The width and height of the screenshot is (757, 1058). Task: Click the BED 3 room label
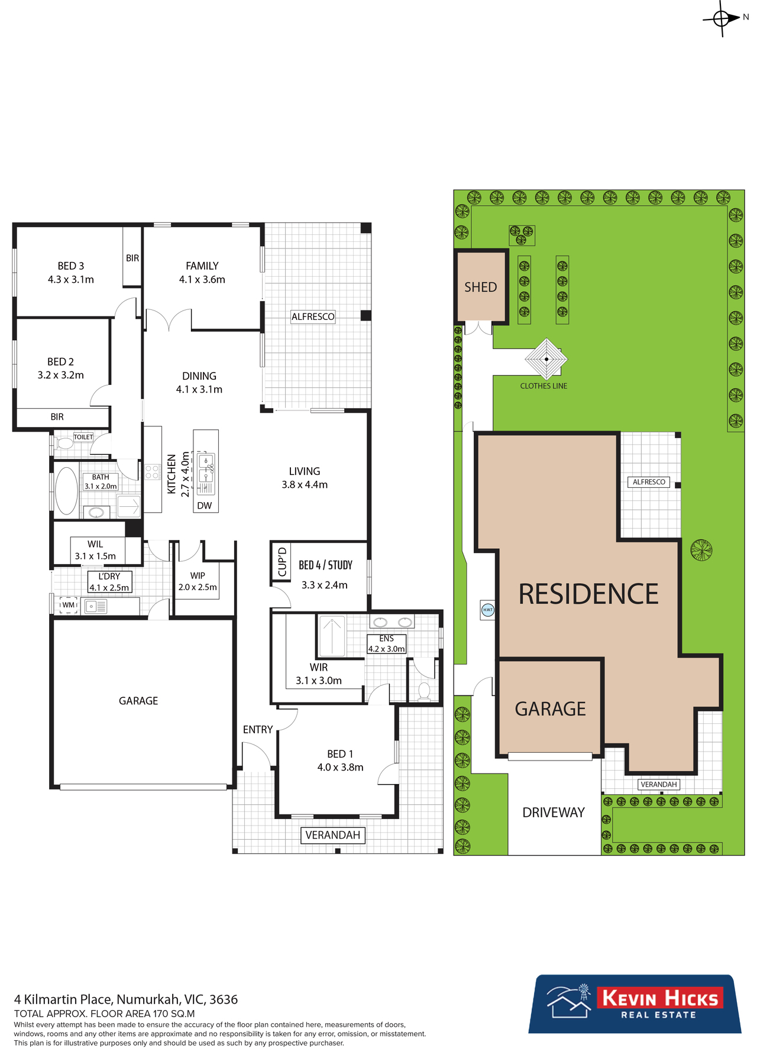pyautogui.click(x=71, y=266)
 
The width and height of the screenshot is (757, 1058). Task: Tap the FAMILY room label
pyautogui.click(x=202, y=266)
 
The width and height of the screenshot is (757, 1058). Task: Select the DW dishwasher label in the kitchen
pyautogui.click(x=205, y=506)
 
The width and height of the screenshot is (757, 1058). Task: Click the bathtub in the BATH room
pyautogui.click(x=66, y=491)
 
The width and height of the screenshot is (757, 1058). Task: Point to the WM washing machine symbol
pyautogui.click(x=69, y=605)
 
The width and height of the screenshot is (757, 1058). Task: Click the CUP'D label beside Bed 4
pyautogui.click(x=282, y=562)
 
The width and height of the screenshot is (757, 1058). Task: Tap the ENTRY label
pyautogui.click(x=258, y=730)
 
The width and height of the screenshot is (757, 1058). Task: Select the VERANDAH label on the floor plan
pyautogui.click(x=333, y=835)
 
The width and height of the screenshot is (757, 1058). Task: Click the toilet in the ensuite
pyautogui.click(x=424, y=691)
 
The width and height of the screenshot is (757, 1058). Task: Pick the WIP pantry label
pyautogui.click(x=198, y=575)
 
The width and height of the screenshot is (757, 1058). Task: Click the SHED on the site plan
pyautogui.click(x=481, y=287)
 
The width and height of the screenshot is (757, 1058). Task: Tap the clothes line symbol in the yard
pyautogui.click(x=546, y=359)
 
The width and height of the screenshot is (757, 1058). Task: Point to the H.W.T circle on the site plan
pyautogui.click(x=488, y=610)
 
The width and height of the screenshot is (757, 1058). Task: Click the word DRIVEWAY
pyautogui.click(x=554, y=813)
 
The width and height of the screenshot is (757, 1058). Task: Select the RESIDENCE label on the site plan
pyautogui.click(x=588, y=594)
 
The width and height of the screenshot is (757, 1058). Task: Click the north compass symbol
pyautogui.click(x=722, y=18)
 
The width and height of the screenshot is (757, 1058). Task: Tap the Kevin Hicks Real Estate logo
pyautogui.click(x=635, y=1004)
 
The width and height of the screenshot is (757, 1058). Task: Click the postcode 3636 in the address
pyautogui.click(x=224, y=999)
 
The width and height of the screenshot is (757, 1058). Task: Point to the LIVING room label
pyautogui.click(x=305, y=471)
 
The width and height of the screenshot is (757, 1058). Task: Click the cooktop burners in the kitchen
pyautogui.click(x=152, y=472)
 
